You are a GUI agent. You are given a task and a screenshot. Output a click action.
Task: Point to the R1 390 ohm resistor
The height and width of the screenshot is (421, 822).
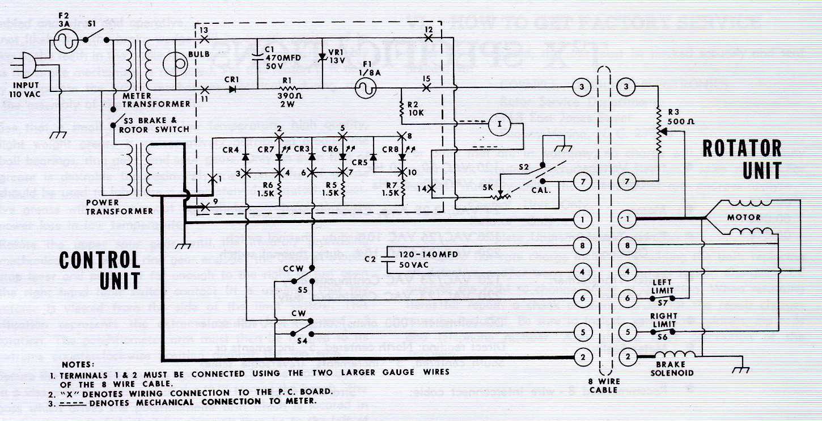tap(290, 89)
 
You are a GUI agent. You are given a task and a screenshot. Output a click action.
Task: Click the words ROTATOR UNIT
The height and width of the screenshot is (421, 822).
tap(742, 159)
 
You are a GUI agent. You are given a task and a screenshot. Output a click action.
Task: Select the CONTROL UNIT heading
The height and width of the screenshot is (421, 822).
tap(100, 271)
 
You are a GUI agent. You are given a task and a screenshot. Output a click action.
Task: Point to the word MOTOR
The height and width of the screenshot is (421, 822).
tap(744, 217)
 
